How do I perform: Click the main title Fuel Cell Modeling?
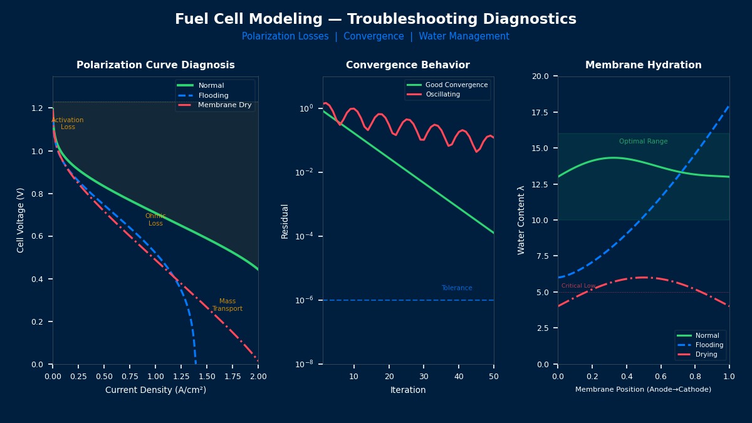pyautogui.click(x=375, y=19)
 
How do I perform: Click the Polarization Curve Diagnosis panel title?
pyautogui.click(x=155, y=65)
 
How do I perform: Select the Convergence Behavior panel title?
pyautogui.click(x=407, y=65)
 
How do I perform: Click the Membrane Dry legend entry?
pyautogui.click(x=224, y=105)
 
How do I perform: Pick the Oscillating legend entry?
pyautogui.click(x=442, y=95)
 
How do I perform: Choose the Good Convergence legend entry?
pyautogui.click(x=456, y=85)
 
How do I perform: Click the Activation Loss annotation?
pyautogui.click(x=68, y=123)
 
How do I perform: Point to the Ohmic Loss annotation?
pyautogui.click(x=155, y=220)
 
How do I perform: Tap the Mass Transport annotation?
pyautogui.click(x=227, y=305)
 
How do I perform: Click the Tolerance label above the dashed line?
pyautogui.click(x=456, y=288)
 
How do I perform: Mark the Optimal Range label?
pyautogui.click(x=643, y=142)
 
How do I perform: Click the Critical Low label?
pyautogui.click(x=578, y=286)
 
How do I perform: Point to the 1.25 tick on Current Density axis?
pyautogui.click(x=181, y=377)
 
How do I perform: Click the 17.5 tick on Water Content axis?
pyautogui.click(x=540, y=112)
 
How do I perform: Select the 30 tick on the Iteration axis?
pyautogui.click(x=424, y=377)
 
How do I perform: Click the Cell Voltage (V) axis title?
pyautogui.click(x=21, y=220)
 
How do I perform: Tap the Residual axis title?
pyautogui.click(x=285, y=221)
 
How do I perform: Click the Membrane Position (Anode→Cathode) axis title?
pyautogui.click(x=643, y=390)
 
